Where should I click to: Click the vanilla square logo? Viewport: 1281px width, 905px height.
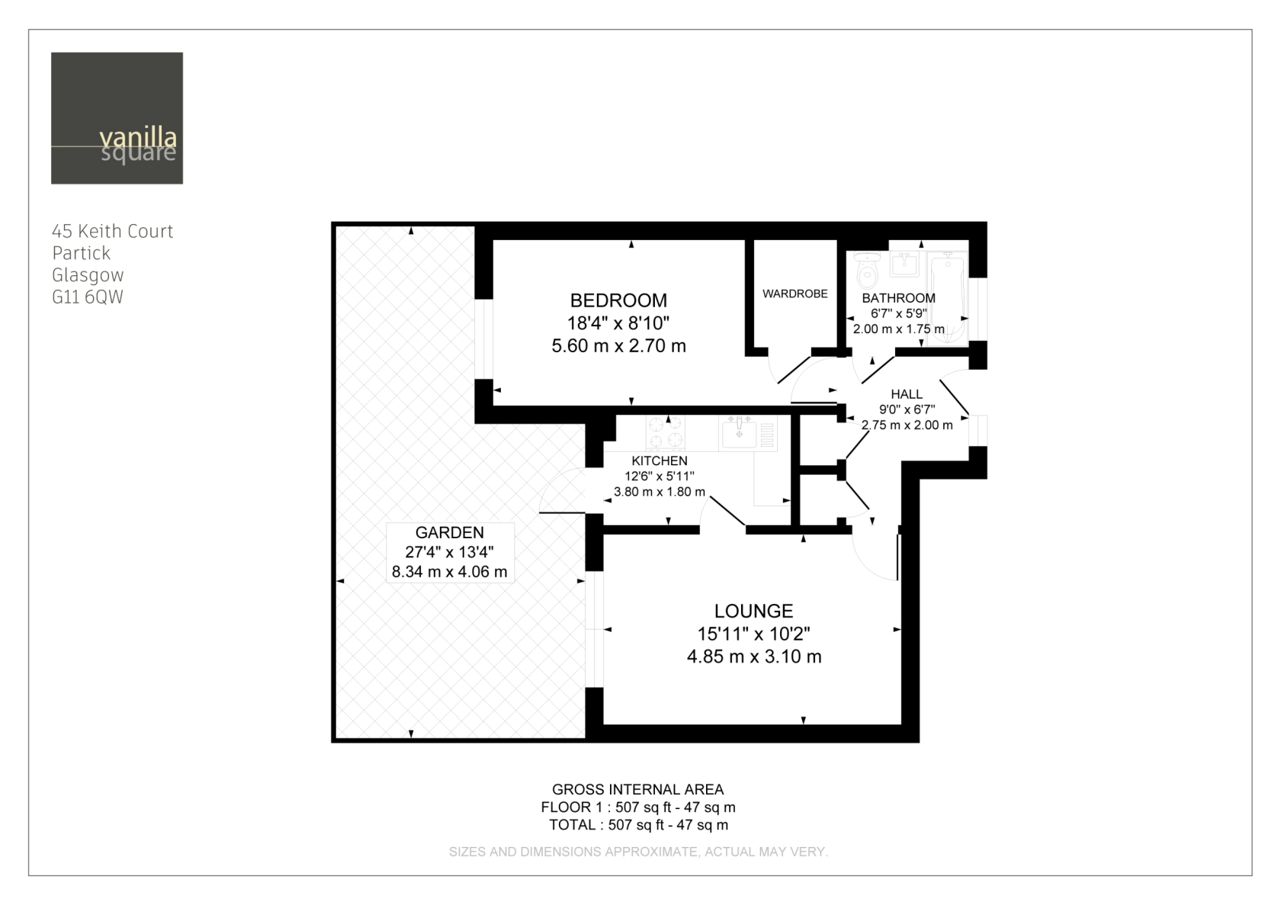(117, 117)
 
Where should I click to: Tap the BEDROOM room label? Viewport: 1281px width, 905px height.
(618, 300)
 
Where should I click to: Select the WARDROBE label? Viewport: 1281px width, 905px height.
(795, 294)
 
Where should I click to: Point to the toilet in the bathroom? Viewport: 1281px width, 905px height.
(868, 270)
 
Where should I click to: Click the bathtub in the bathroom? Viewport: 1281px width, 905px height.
(947, 298)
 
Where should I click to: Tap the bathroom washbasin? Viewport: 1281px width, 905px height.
(904, 264)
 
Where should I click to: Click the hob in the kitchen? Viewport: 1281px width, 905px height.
(666, 432)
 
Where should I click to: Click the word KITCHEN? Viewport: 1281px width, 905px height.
(660, 461)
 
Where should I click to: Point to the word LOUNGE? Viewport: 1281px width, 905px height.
(753, 611)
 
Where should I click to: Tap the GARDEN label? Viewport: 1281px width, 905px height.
(450, 533)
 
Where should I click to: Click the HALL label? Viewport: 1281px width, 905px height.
(907, 394)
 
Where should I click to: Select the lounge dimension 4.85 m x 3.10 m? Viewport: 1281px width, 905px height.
(753, 656)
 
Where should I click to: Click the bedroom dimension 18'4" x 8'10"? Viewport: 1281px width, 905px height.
(618, 323)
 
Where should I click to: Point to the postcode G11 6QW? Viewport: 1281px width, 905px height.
(88, 297)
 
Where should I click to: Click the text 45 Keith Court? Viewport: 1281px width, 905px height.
(112, 231)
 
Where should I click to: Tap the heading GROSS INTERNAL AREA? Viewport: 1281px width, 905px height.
(637, 790)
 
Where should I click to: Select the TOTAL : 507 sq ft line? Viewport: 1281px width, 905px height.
(638, 825)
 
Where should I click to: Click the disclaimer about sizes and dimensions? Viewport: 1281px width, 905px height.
(638, 852)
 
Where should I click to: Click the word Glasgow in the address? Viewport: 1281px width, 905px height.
(88, 275)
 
